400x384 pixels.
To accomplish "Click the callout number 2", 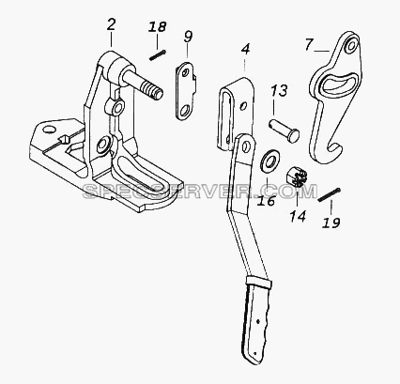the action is click(111, 24).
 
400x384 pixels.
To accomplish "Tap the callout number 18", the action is click(157, 27).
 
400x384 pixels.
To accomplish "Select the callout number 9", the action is click(188, 37).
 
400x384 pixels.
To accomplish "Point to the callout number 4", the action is click(246, 49).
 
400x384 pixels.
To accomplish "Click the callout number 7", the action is click(309, 44).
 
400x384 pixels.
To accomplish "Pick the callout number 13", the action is click(279, 91).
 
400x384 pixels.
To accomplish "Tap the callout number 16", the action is click(266, 201).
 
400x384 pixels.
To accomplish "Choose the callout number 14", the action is click(298, 216).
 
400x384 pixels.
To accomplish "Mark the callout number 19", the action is click(331, 223).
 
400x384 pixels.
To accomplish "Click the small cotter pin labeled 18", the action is click(157, 55).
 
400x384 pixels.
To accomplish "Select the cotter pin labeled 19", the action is click(330, 194).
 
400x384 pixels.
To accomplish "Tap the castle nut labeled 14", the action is click(295, 177).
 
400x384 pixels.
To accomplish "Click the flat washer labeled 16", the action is click(269, 160).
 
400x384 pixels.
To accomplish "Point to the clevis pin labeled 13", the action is click(285, 131).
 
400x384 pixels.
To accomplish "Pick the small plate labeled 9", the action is click(186, 91).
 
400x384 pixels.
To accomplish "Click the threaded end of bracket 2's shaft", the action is click(152, 89).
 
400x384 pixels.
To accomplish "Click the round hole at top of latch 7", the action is click(352, 46).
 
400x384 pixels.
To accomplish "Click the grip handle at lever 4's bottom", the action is click(257, 321).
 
